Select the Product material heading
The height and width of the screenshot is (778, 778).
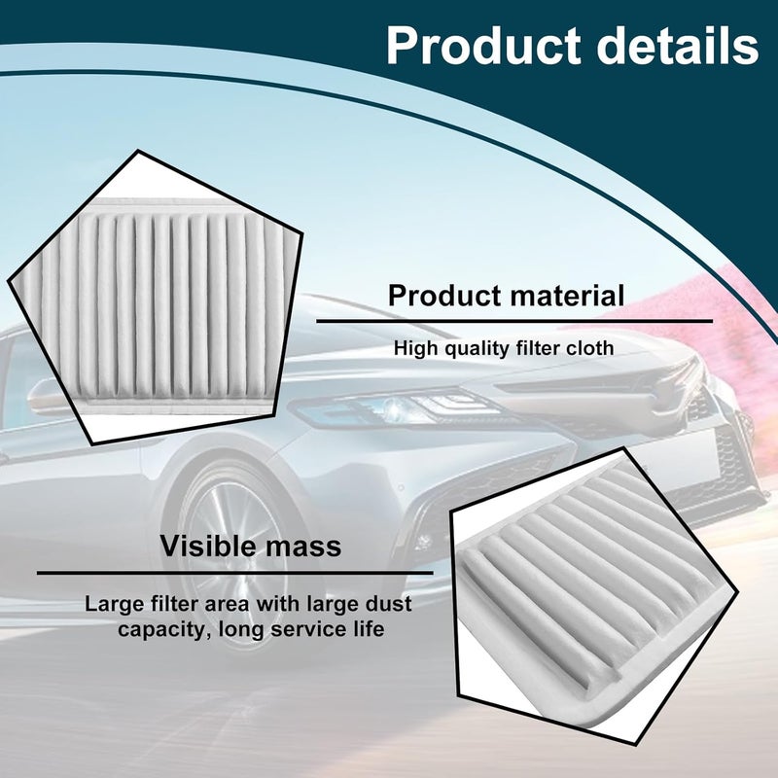[506, 296]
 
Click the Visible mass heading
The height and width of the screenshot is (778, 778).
[251, 546]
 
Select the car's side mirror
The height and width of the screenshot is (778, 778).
[49, 397]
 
